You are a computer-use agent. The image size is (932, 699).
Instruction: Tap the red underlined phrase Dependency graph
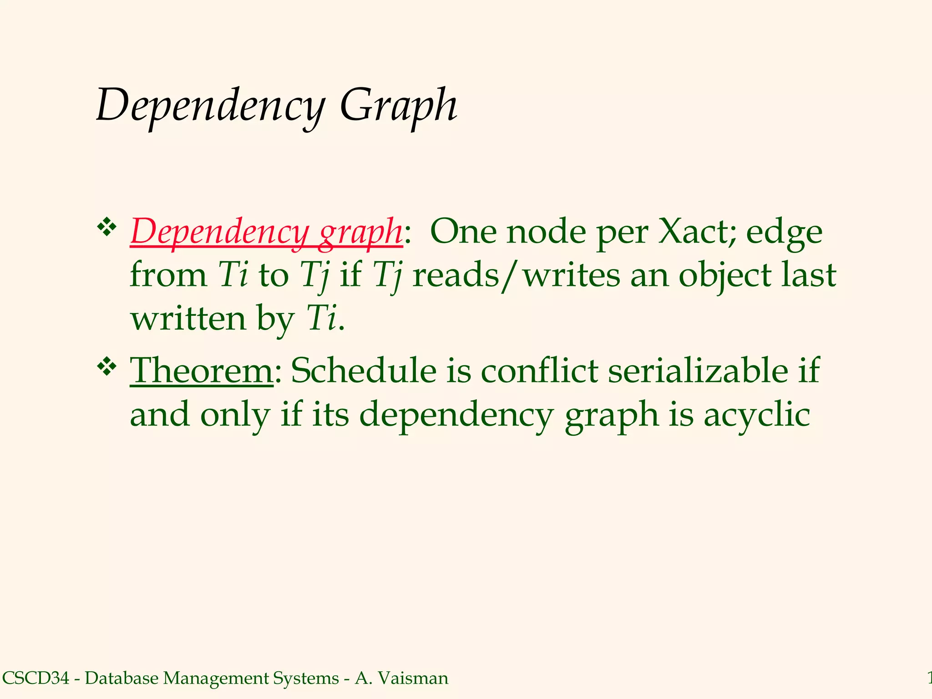[266, 232]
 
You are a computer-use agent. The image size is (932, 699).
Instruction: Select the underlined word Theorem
[202, 370]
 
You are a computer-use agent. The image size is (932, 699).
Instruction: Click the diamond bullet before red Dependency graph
[107, 227]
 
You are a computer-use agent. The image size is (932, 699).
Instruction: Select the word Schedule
[364, 370]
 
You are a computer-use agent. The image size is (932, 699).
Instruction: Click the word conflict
[539, 370]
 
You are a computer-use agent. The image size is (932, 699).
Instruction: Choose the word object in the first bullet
[724, 275]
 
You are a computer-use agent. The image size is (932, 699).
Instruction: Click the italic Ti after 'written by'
[321, 318]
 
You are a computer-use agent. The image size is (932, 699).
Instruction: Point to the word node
[547, 232]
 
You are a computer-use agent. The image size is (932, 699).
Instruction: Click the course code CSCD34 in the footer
[36, 678]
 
